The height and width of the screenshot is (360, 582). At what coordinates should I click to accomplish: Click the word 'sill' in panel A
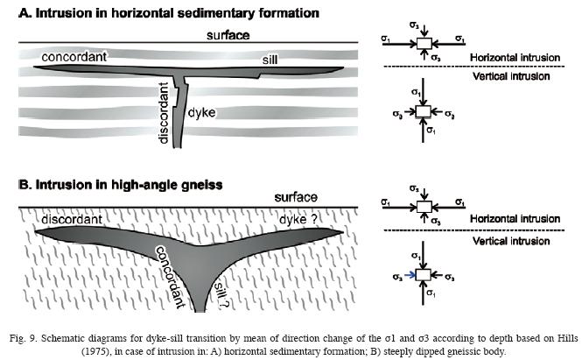coord(270,59)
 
